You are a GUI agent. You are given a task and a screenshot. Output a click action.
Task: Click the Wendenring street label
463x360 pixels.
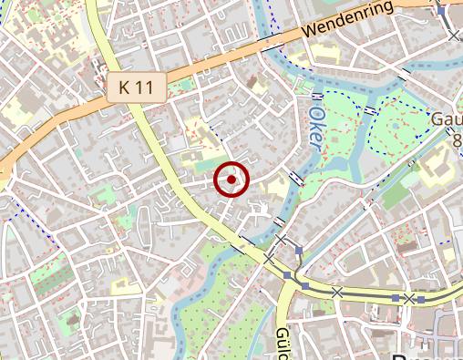pyautogui.click(x=347, y=19)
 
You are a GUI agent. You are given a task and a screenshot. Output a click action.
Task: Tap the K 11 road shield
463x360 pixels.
pyautogui.click(x=136, y=88)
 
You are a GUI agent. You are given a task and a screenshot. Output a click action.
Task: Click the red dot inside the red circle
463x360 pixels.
pyautogui.click(x=231, y=180)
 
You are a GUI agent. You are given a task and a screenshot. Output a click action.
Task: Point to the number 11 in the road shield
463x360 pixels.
pyautogui.click(x=146, y=88)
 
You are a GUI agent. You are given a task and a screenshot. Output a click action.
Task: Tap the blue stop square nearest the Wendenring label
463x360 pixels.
pyautogui.click(x=440, y=12)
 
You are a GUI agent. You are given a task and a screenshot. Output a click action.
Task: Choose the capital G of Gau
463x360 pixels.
pyautogui.click(x=437, y=119)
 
